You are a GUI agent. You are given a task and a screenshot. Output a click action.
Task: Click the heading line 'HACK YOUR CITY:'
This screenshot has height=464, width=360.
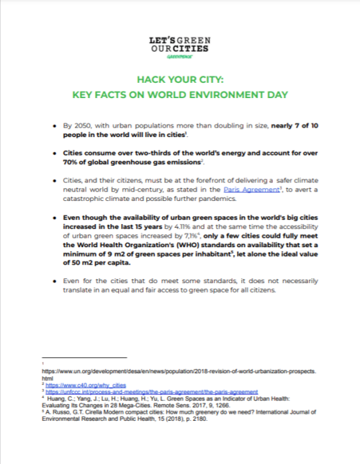click(x=179, y=81)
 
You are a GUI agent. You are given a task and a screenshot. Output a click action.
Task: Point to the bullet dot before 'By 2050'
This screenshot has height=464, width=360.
click(x=66, y=125)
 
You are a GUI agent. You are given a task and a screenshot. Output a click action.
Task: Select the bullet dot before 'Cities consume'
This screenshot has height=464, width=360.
click(x=66, y=153)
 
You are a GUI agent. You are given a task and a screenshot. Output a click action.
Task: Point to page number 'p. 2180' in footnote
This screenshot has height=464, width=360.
click(x=202, y=421)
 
